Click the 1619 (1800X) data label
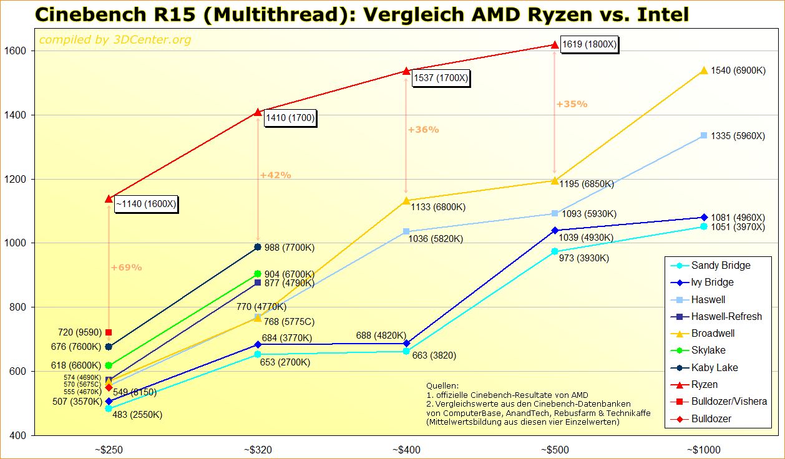pos(589,45)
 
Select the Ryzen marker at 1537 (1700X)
pos(406,71)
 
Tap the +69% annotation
pos(127,268)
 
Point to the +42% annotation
pos(276,175)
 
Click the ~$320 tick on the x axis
pos(258,450)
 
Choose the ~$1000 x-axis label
pos(703,450)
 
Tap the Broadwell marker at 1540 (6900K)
pos(704,71)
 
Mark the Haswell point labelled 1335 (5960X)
pos(704,135)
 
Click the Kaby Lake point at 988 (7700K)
pos(258,247)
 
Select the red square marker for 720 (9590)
pos(109,332)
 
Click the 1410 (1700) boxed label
pos(290,117)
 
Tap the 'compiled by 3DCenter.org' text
pos(115,41)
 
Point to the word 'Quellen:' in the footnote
pos(442,386)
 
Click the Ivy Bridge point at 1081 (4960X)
pos(704,217)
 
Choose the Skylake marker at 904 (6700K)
pos(258,274)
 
